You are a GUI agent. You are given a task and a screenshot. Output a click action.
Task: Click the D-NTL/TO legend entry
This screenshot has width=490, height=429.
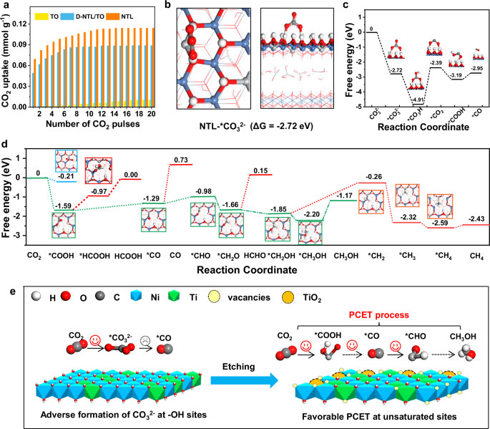pos(83,14)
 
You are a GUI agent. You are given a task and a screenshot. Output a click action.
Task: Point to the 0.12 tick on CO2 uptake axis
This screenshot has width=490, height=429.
pos(24,24)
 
